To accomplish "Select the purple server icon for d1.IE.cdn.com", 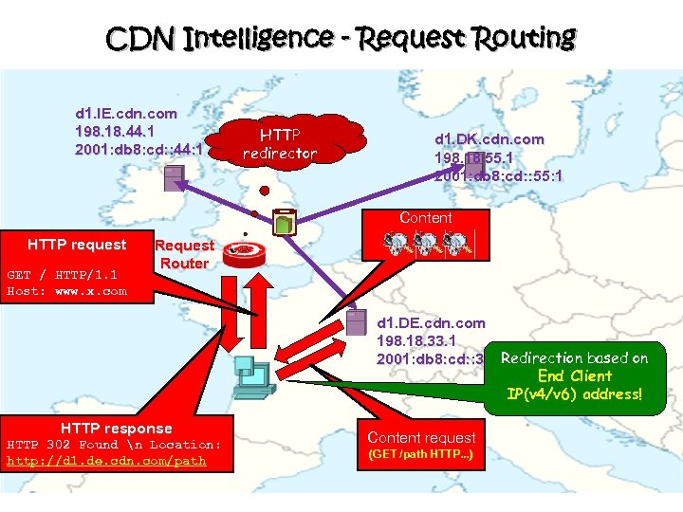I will click(x=173, y=176).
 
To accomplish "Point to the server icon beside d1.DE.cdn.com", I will click(x=357, y=322).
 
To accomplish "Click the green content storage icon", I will click(x=285, y=223).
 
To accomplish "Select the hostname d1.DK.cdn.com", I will click(x=489, y=138).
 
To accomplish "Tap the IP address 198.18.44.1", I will click(x=116, y=131).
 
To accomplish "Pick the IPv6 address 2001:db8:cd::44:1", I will click(x=138, y=150).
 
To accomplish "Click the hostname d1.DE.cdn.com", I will click(x=431, y=322).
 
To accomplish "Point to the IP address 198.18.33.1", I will click(x=416, y=340).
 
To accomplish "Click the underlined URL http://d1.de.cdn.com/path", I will click(x=105, y=462).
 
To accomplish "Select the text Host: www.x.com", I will click(x=66, y=291).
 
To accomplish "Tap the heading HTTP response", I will click(x=116, y=428).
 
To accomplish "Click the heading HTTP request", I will click(x=77, y=245).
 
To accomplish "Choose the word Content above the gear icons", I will click(x=426, y=217).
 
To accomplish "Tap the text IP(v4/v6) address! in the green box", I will click(x=574, y=393).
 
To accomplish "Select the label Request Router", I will click(x=184, y=254).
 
